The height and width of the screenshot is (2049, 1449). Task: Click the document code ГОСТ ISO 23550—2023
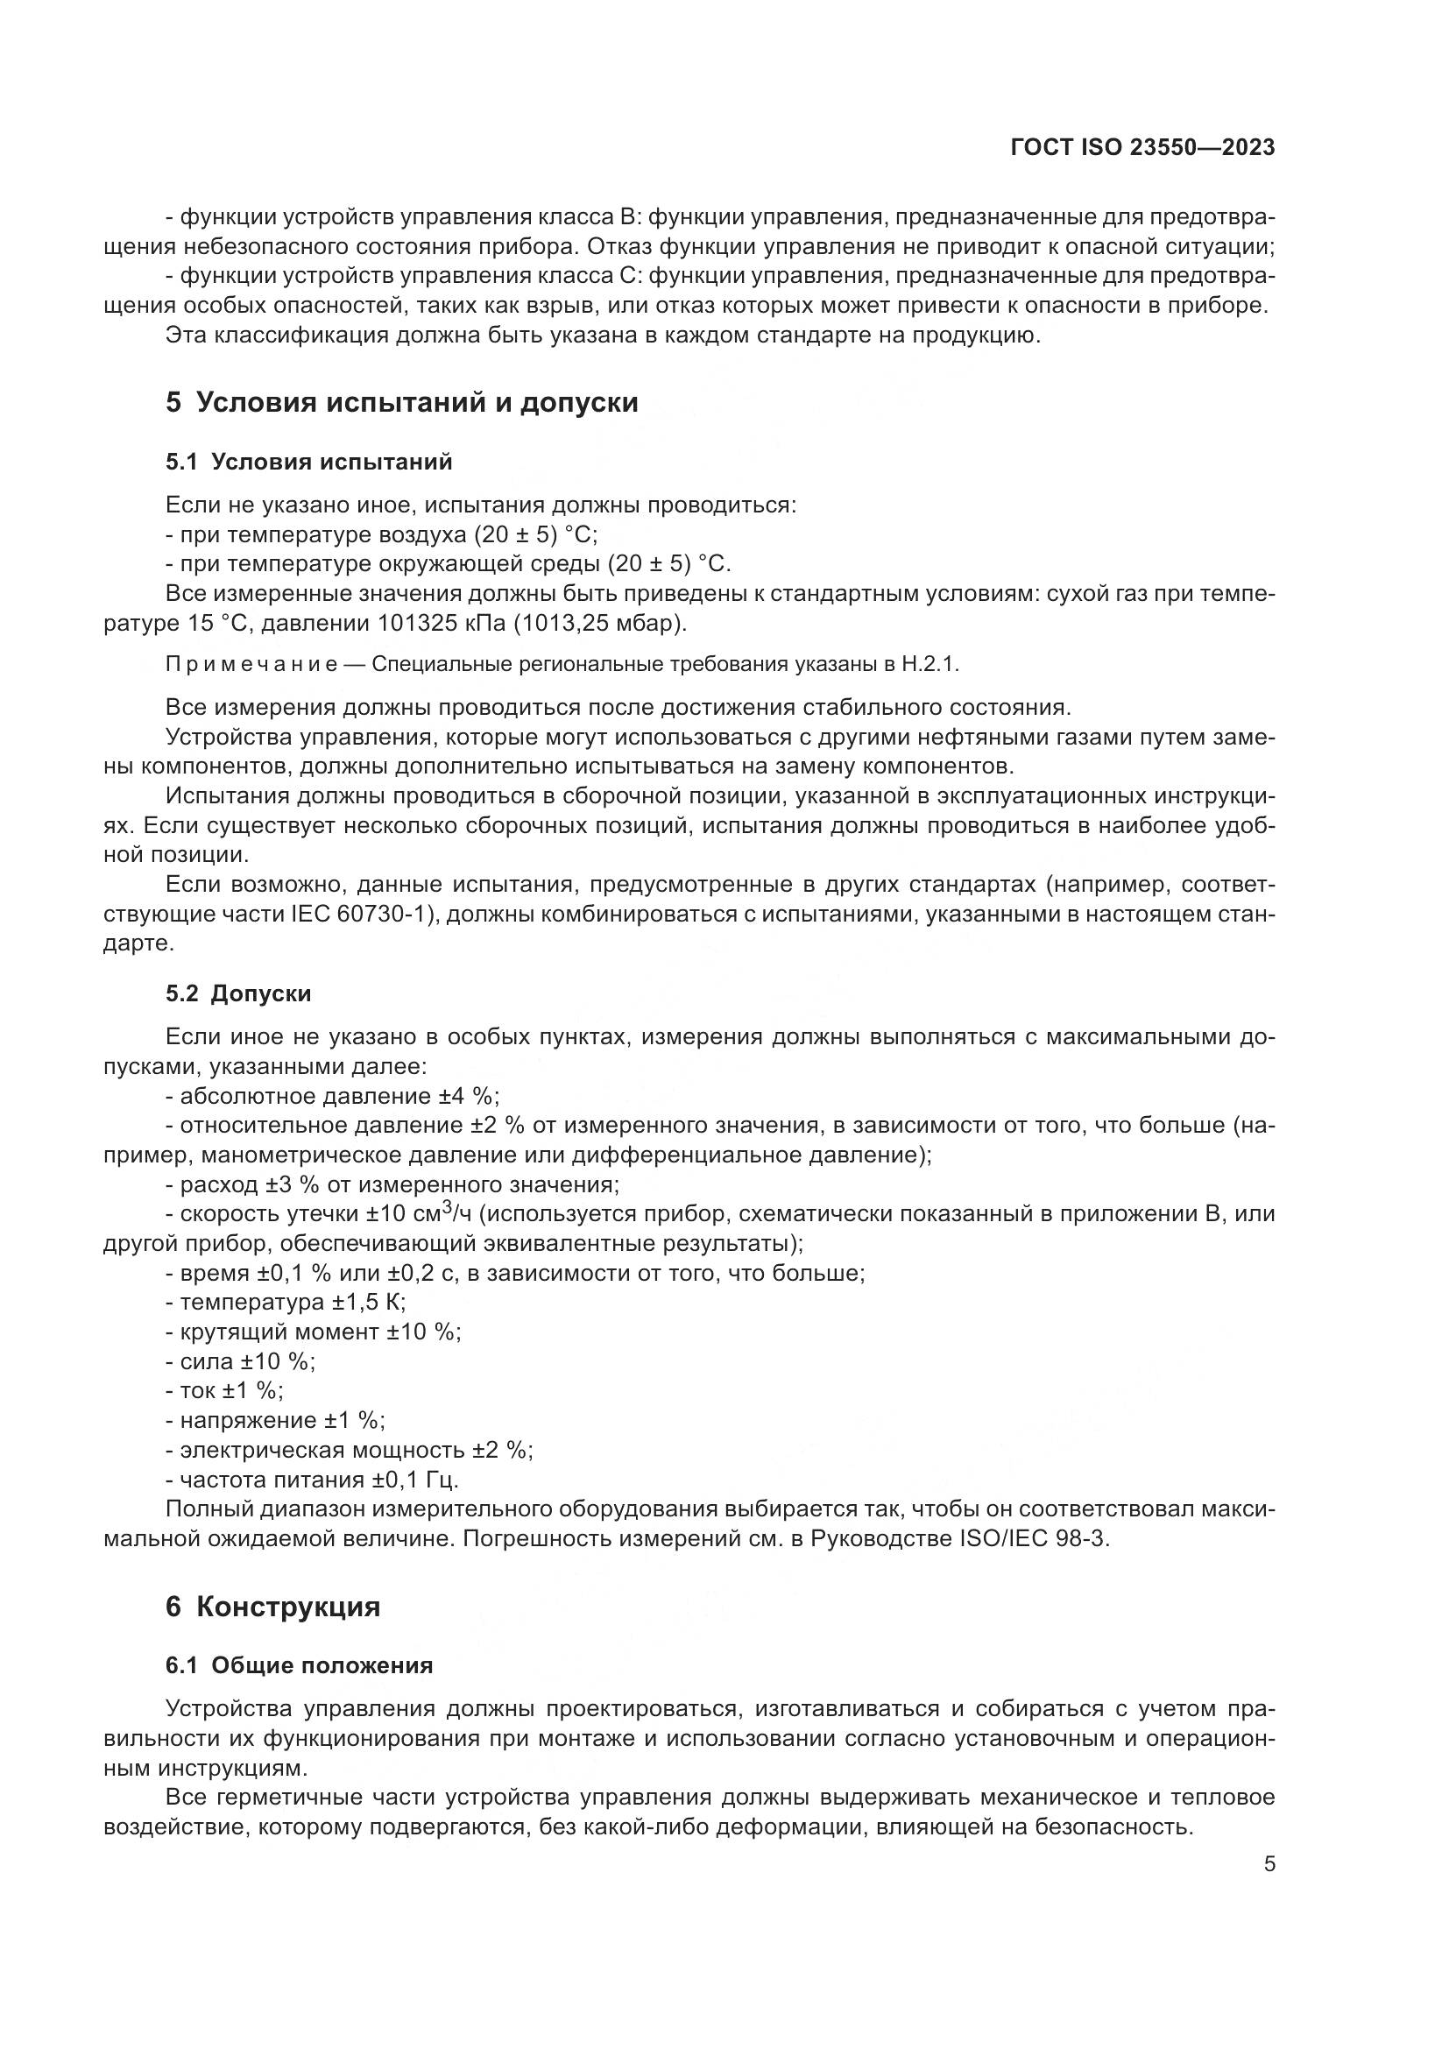click(1142, 147)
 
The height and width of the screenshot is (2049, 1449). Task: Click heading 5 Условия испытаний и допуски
click(401, 402)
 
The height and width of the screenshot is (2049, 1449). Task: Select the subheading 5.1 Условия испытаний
click(308, 463)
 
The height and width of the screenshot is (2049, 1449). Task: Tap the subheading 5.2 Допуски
click(238, 993)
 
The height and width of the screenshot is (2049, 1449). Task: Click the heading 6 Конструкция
click(273, 1607)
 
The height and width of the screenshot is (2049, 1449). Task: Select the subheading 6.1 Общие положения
click(299, 1665)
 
